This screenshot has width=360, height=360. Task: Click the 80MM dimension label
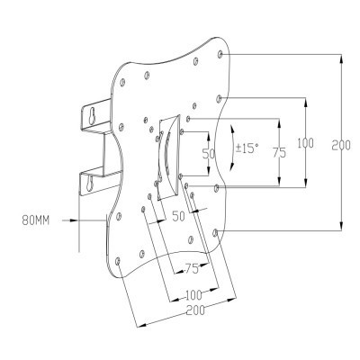(x=36, y=220)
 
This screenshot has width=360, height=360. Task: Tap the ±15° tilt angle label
(x=247, y=148)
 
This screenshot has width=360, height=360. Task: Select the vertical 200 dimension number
(x=341, y=146)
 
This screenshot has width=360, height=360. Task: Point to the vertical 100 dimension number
(x=306, y=143)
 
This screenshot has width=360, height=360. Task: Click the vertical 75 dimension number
(x=279, y=153)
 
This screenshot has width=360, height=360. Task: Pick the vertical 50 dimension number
(x=209, y=154)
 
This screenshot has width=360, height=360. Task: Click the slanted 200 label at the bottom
(x=195, y=310)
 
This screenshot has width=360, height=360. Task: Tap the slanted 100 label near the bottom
(x=193, y=295)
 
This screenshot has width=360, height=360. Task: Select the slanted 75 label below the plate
(x=192, y=268)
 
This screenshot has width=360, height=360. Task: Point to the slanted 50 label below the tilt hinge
(x=179, y=216)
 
